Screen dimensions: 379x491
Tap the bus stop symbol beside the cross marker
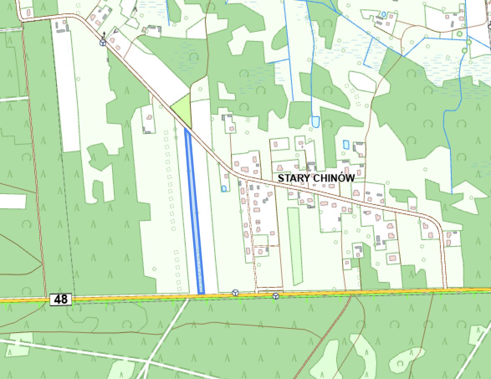point(103,43)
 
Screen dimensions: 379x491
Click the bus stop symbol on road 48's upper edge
point(235,293)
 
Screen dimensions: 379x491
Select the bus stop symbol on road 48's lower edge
point(276,296)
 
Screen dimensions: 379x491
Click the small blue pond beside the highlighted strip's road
point(224,188)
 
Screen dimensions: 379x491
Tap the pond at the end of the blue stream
point(315,121)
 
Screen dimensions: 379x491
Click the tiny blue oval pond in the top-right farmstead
point(384,14)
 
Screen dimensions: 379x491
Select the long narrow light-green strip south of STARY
point(294,245)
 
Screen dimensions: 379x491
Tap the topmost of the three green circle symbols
point(460,33)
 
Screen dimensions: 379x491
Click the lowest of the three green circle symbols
point(465,51)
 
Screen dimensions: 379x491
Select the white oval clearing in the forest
point(362,81)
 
